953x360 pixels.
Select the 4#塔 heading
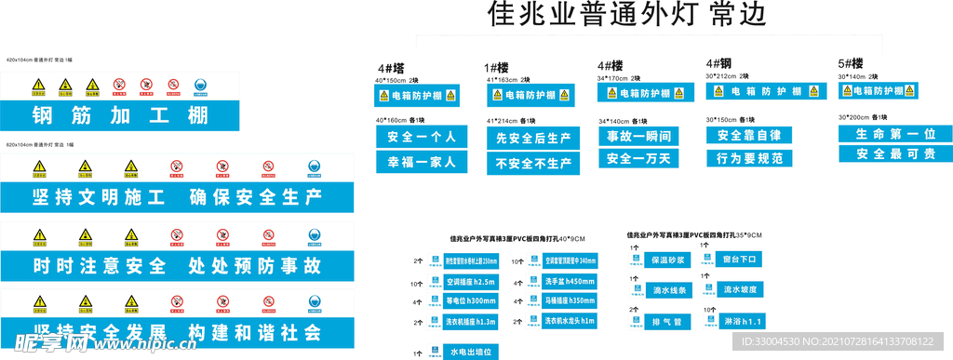pos(391,68)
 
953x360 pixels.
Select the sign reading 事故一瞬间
pos(638,136)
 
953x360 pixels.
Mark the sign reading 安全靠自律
pos(748,136)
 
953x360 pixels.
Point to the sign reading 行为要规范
pos(748,158)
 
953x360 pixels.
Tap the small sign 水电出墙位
pos(467,353)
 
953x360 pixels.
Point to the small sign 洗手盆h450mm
pos(564,281)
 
